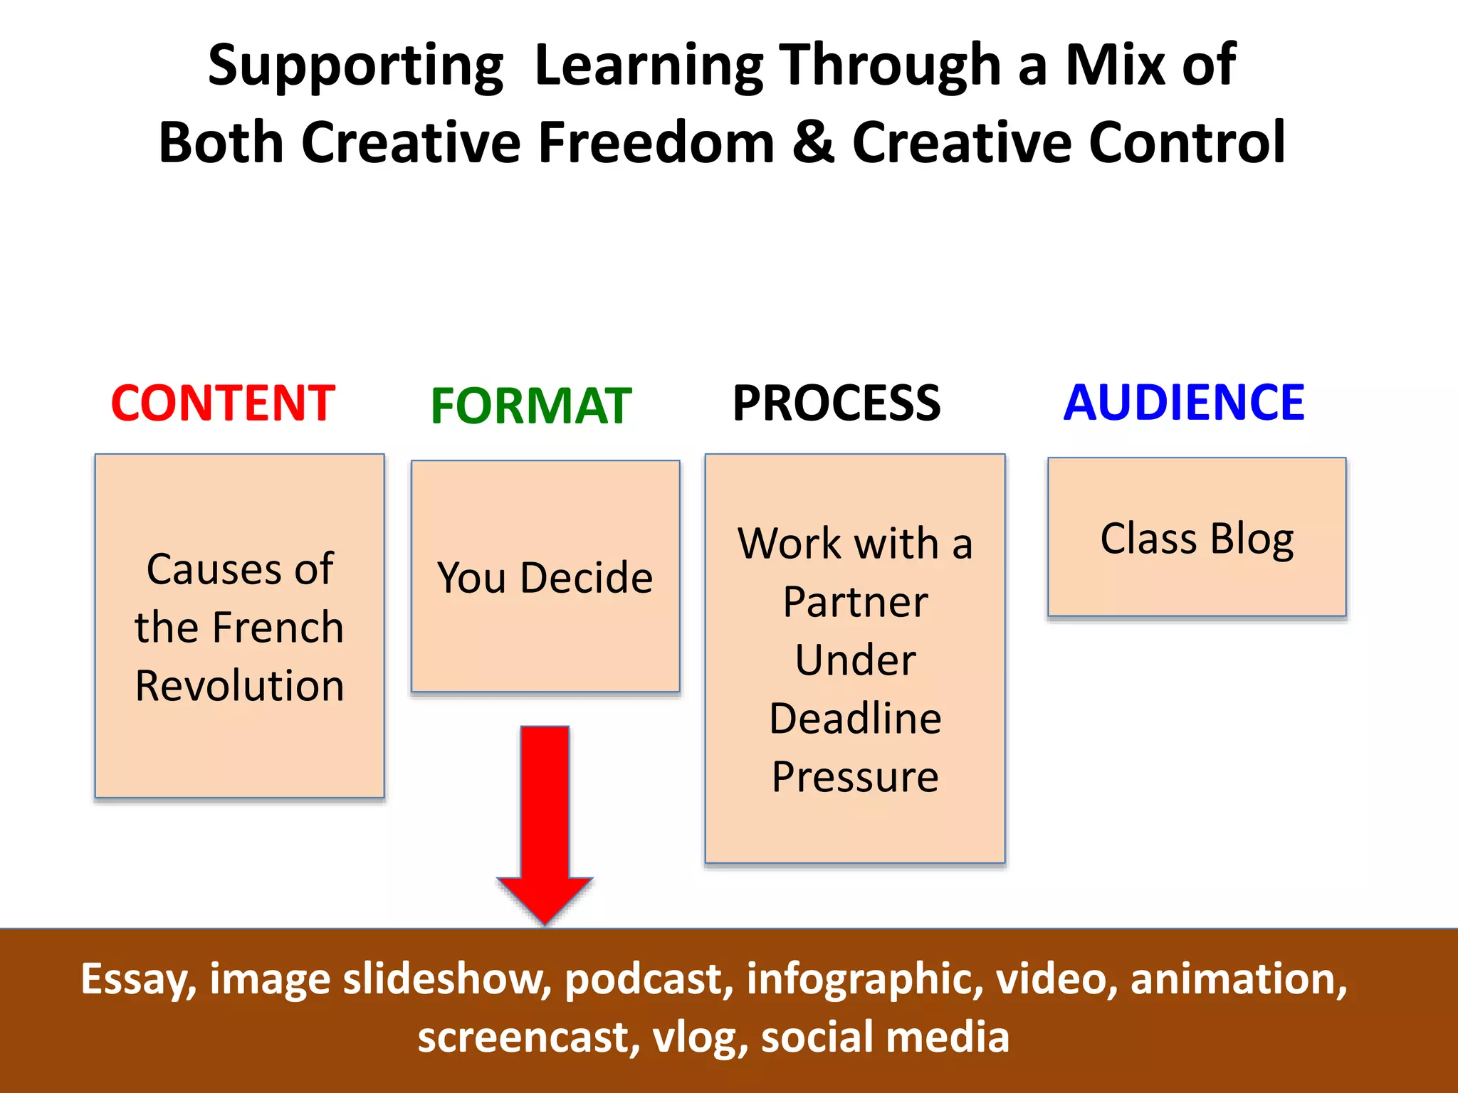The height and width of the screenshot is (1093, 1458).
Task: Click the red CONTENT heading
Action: click(x=223, y=403)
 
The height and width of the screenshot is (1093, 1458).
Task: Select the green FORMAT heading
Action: click(x=531, y=406)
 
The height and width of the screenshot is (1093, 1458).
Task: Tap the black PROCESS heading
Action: click(x=836, y=403)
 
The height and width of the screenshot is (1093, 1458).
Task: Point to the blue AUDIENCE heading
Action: click(x=1183, y=403)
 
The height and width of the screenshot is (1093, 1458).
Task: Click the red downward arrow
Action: click(x=545, y=818)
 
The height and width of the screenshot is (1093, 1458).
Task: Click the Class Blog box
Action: click(x=1197, y=538)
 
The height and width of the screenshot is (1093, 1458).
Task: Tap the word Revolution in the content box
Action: click(x=240, y=686)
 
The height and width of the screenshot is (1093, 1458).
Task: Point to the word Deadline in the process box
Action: click(x=855, y=718)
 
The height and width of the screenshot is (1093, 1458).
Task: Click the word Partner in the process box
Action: click(x=855, y=602)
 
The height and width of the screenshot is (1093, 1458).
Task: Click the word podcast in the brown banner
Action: click(x=649, y=979)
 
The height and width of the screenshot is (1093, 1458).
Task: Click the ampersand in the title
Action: click(x=812, y=142)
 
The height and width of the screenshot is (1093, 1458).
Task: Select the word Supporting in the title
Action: click(x=355, y=66)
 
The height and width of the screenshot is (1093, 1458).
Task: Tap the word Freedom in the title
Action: click(x=656, y=142)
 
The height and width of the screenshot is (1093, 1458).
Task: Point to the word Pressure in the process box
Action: click(x=855, y=776)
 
